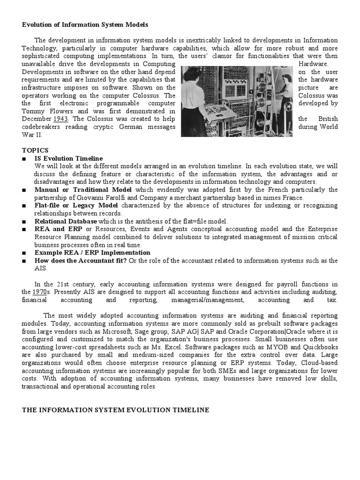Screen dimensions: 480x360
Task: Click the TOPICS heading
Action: [x=35, y=150]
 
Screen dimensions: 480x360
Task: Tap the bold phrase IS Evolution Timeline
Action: [x=68, y=158]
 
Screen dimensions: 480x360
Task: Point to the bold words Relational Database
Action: [x=66, y=221]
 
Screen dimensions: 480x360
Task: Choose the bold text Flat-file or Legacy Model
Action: [x=76, y=206]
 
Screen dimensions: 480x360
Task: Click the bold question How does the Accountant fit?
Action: [x=80, y=261]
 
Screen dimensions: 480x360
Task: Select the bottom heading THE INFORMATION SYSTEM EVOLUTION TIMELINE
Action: [x=115, y=410]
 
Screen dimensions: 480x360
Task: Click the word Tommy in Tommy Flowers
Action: [x=33, y=111]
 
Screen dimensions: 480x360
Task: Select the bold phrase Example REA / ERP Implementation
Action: [x=92, y=253]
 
